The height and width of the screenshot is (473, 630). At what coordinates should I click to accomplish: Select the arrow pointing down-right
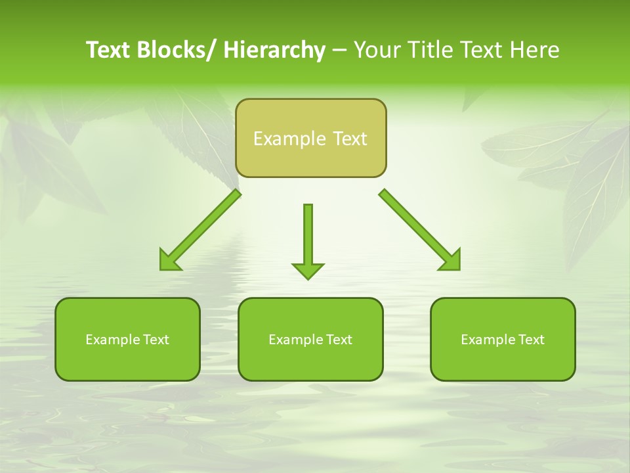point(420,230)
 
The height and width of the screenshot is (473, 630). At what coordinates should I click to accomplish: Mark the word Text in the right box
point(532,340)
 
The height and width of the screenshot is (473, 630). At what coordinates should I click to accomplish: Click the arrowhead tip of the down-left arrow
point(161,268)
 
